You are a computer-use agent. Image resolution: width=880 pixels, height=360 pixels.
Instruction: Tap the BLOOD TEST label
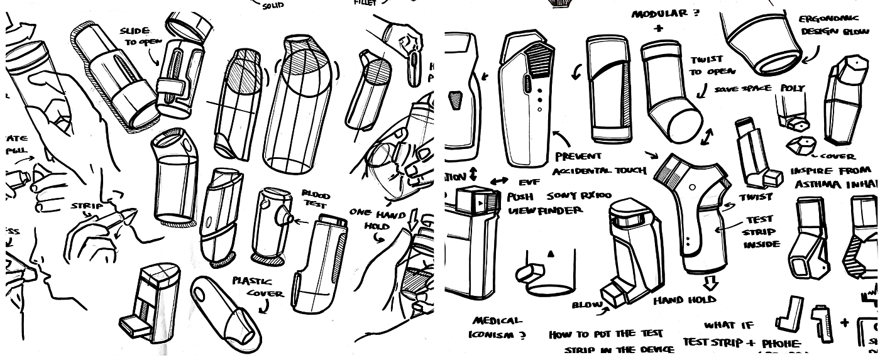(316, 200)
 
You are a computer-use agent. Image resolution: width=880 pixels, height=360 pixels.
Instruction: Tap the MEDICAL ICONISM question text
(497, 327)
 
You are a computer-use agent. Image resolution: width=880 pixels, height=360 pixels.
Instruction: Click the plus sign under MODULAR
(657, 28)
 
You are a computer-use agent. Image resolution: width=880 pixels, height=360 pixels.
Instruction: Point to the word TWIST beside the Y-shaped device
(756, 197)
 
